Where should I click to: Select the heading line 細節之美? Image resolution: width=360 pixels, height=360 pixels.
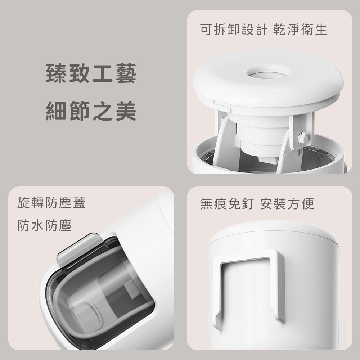[x=91, y=111]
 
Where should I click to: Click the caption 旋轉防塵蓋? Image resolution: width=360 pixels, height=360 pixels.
[x=51, y=203]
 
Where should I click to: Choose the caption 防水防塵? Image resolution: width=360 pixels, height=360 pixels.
[x=44, y=226]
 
